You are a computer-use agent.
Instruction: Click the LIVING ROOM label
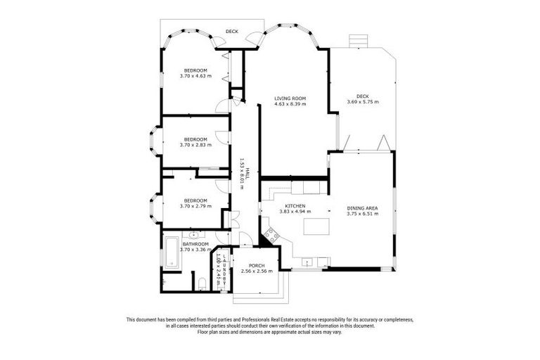click(x=290, y=97)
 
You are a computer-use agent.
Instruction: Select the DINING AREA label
click(x=362, y=208)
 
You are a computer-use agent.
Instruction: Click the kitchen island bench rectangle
click(x=316, y=226)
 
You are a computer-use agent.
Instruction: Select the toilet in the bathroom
click(x=202, y=284)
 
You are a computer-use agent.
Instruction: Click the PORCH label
click(x=255, y=266)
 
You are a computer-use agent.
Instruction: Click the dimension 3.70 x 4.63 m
click(x=195, y=76)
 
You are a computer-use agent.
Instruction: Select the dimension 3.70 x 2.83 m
click(x=195, y=145)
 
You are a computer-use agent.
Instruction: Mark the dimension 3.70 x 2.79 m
click(x=195, y=205)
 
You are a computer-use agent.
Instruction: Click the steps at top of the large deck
click(x=358, y=40)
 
